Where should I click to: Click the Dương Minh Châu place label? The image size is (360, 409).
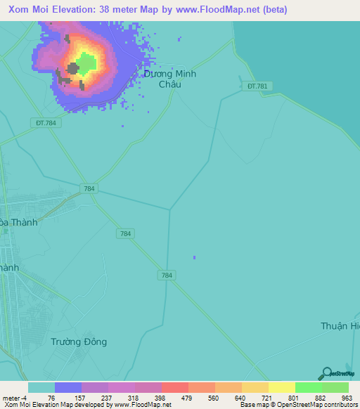tap(170, 79)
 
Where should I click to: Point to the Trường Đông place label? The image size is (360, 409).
tap(79, 342)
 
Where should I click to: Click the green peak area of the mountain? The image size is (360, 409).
tap(86, 63)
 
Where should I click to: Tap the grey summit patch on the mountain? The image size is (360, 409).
tap(73, 69)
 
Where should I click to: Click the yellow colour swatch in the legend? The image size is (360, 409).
tap(281, 387)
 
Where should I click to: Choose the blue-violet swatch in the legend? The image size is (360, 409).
tap(68, 387)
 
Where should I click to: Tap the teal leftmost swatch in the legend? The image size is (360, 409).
tap(41, 387)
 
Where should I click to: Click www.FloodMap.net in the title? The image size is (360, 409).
tap(220, 9)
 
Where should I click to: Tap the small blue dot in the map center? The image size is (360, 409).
tap(194, 257)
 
